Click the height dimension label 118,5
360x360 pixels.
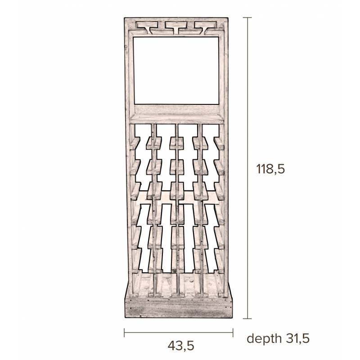270,169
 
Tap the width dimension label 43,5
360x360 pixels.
181,346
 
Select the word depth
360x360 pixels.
264,338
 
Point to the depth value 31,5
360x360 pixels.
298,338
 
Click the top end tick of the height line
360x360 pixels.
247,18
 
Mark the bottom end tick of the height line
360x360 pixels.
247,319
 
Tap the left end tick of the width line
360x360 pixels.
124,333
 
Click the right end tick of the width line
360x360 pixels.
233,333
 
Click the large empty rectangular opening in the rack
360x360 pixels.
176,71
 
